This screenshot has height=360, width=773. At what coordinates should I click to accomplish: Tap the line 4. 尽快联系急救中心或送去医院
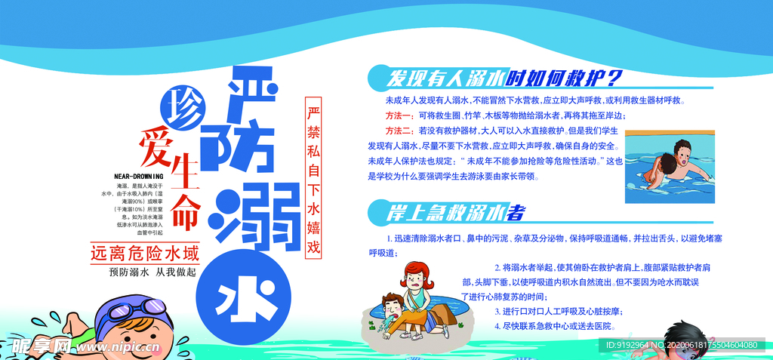(555, 326)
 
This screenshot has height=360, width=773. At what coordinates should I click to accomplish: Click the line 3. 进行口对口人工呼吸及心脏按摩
(559, 311)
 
